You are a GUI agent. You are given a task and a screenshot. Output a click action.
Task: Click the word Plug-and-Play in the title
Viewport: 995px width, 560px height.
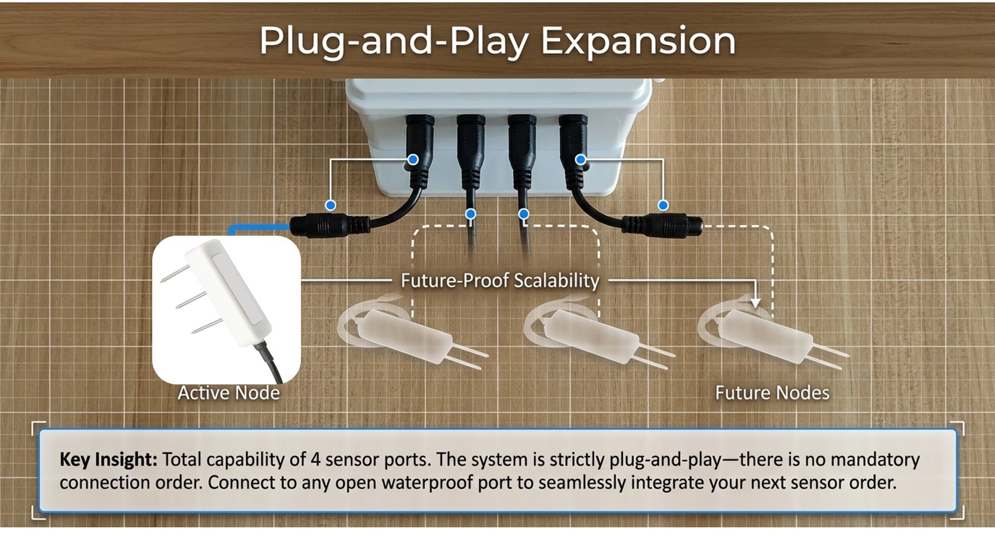point(394,41)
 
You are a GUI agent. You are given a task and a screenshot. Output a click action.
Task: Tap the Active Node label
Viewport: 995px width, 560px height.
point(229,393)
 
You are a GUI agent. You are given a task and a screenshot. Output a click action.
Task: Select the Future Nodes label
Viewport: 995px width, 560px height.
point(772,393)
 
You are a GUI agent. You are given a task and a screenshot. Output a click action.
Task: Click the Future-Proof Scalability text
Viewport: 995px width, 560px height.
point(500,281)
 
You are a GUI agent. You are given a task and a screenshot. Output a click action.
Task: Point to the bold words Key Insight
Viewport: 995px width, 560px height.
point(108,460)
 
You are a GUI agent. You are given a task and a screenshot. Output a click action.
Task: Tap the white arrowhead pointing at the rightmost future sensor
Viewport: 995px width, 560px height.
point(756,303)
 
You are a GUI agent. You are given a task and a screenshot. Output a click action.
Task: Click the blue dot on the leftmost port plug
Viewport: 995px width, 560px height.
point(413,159)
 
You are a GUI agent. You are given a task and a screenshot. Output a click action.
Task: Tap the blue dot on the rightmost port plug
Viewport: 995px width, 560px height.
point(580,159)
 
